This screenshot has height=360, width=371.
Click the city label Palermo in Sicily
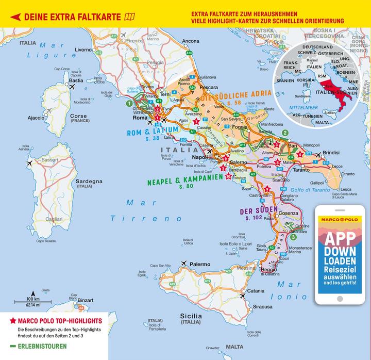200,264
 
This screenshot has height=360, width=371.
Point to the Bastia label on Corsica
76,80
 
